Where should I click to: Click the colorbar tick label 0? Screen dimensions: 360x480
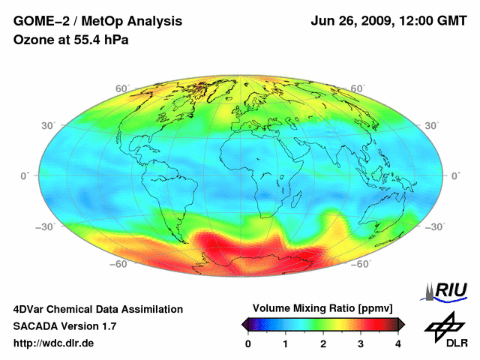[248, 343]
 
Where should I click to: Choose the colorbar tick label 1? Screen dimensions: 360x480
[286, 343]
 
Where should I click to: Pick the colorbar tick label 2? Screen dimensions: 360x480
[323, 343]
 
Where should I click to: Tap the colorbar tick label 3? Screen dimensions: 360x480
[361, 343]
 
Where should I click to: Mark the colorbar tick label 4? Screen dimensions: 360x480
[398, 343]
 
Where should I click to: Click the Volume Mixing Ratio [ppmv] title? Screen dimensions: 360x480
[322, 308]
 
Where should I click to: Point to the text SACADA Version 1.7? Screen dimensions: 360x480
[64, 326]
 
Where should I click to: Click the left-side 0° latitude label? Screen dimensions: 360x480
[24, 175]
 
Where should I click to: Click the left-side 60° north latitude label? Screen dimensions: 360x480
[121, 88]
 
